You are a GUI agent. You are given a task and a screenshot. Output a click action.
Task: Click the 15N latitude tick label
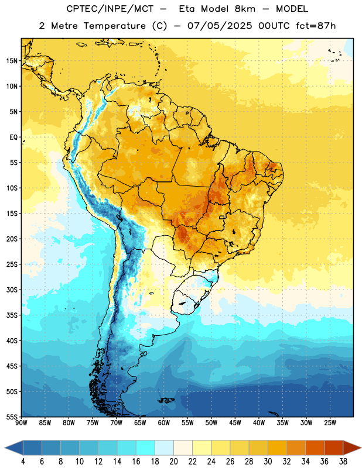click(12, 61)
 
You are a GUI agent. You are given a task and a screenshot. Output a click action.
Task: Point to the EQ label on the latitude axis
click(13, 137)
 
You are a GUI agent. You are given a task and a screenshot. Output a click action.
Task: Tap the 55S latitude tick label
click(12, 417)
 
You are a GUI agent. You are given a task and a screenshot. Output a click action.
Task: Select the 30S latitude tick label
click(12, 290)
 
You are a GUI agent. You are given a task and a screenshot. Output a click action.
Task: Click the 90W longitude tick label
click(21, 423)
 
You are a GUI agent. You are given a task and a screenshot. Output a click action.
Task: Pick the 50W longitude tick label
click(211, 423)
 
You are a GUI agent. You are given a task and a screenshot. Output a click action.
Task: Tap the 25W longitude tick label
click(330, 423)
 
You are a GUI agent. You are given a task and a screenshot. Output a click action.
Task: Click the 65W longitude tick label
click(140, 423)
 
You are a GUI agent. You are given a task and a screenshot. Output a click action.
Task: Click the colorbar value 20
click(173, 462)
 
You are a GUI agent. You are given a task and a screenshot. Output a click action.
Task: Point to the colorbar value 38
click(343, 462)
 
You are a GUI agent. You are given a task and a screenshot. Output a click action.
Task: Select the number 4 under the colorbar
click(23, 462)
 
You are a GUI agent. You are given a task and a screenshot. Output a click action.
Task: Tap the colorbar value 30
click(268, 462)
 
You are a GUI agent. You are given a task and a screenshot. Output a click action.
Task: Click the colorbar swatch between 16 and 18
click(146, 448)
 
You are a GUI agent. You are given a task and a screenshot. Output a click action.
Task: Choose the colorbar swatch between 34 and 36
click(315, 448)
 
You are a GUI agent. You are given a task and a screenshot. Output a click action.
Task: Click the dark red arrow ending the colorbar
click(352, 448)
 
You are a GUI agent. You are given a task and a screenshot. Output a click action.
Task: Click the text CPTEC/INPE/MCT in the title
click(110, 9)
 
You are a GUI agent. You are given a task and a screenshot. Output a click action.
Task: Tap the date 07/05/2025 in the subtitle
click(220, 26)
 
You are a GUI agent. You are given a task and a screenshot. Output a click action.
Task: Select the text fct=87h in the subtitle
click(316, 26)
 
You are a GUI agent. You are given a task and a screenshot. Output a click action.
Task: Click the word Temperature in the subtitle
click(114, 26)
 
